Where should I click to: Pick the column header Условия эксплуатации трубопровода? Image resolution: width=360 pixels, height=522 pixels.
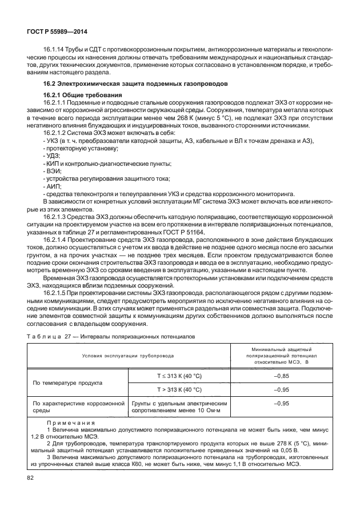click(129, 355)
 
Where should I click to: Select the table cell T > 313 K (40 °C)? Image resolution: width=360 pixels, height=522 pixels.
click(179, 389)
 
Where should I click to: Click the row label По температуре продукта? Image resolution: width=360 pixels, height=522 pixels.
click(67, 382)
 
